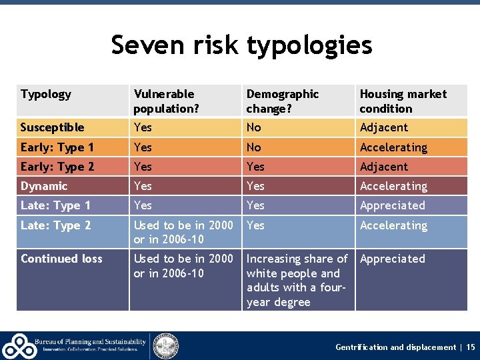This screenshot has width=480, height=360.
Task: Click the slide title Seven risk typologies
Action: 241,45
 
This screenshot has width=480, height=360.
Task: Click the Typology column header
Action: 46,94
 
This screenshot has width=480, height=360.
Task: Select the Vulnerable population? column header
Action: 164,101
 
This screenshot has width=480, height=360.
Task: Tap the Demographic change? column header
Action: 283,101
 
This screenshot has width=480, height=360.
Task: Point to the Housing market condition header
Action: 403,101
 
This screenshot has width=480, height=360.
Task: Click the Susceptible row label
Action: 53,127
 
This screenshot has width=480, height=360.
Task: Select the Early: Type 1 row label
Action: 57,147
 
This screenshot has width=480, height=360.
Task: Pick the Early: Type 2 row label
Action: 57,167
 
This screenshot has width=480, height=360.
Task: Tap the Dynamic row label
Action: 44,186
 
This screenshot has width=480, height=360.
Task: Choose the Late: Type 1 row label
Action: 55,205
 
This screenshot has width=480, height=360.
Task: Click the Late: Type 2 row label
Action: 55,225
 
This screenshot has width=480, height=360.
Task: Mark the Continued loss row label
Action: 61,259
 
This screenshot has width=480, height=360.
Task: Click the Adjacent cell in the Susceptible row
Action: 384,127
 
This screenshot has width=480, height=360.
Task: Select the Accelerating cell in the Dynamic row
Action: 393,186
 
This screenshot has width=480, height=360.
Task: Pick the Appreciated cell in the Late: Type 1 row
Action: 392,205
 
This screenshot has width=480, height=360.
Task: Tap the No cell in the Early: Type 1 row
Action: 254,147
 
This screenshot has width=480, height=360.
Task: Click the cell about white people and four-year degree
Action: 297,280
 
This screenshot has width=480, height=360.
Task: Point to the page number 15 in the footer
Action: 471,347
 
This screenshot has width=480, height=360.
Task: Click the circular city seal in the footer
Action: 165,345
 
